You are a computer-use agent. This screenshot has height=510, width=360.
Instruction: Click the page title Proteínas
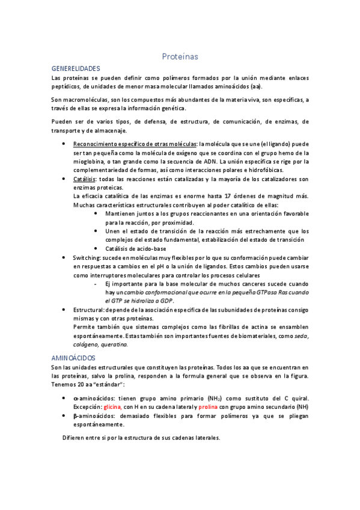(x=180, y=56)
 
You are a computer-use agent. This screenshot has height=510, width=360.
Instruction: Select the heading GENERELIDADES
(x=76, y=69)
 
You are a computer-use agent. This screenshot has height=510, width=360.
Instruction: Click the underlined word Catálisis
(x=85, y=179)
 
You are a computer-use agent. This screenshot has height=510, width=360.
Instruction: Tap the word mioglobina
(x=92, y=162)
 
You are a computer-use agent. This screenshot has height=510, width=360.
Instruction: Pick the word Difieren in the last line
(x=76, y=437)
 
